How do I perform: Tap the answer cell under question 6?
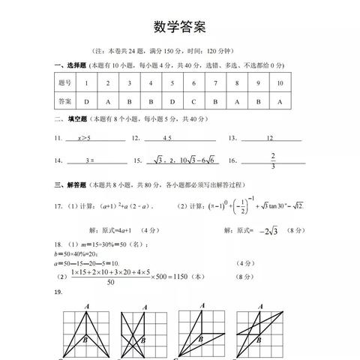point(193,100)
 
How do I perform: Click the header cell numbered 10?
point(280,82)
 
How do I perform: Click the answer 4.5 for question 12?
point(166,138)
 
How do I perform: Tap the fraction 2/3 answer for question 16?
point(273,160)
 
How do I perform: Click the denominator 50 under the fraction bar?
point(111,282)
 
